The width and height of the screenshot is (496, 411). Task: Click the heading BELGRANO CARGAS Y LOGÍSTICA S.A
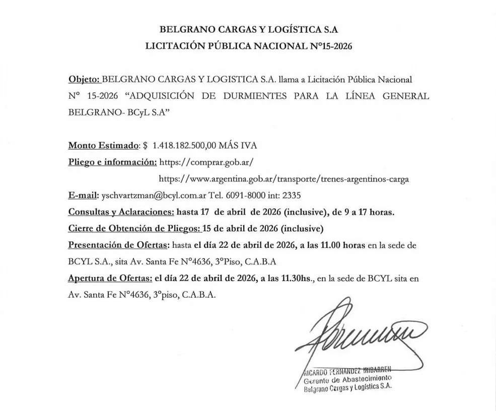coord(248,29)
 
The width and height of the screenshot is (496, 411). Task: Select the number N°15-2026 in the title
coord(329,46)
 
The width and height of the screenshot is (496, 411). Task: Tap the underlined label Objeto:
coord(84,80)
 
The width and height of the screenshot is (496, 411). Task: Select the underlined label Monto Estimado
coord(103,146)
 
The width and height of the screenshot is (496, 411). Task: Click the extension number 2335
coord(291,195)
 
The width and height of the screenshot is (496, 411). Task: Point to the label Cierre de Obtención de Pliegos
coord(134,228)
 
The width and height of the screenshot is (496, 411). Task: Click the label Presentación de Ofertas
coord(119,245)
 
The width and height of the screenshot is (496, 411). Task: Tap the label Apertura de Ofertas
coord(110,279)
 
